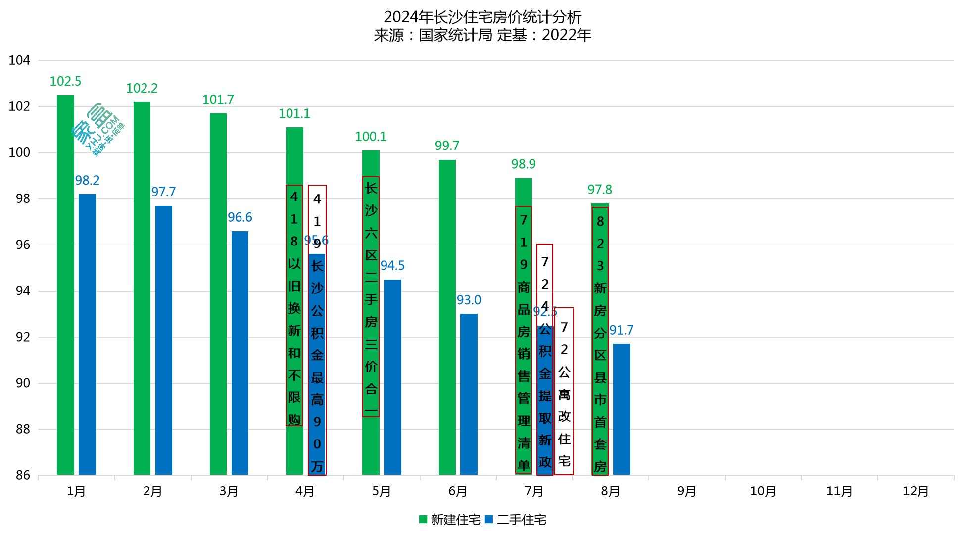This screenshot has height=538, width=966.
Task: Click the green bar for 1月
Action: [65, 285]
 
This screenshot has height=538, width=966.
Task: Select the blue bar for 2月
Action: [163, 340]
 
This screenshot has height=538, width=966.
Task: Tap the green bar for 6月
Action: [447, 317]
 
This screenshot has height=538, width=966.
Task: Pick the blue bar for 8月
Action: [622, 409]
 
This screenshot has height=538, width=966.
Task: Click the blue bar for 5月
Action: [392, 377]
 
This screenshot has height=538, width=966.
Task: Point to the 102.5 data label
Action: [65, 81]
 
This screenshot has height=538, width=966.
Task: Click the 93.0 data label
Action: [468, 300]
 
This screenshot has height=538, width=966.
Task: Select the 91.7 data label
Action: [621, 330]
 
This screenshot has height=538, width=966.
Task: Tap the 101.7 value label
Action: [218, 99]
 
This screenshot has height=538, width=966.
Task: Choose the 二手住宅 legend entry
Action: [516, 520]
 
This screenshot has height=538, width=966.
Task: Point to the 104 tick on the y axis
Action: [19, 60]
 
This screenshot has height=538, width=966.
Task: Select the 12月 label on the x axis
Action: [916, 491]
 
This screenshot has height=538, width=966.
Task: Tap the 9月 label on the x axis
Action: [686, 491]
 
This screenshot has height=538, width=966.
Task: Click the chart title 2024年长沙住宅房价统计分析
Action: [483, 17]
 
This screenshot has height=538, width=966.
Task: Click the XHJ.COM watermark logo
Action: [98, 130]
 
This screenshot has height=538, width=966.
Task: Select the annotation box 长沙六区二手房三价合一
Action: [371, 296]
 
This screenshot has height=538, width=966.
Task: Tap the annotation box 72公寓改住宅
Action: [564, 391]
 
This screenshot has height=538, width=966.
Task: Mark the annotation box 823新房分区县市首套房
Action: [600, 341]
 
